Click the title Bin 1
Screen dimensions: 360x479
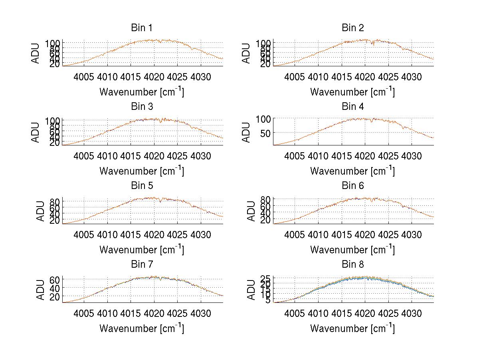tap(142, 28)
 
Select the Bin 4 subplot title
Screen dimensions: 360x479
tap(353, 107)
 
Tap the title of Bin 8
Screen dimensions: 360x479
tap(353, 265)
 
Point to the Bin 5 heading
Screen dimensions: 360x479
tap(142, 186)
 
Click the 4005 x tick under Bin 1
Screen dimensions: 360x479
tap(85, 77)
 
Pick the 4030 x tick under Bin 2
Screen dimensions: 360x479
tap(411, 77)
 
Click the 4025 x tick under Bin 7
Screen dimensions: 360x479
tap(177, 313)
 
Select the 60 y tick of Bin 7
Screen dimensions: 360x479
tap(55, 279)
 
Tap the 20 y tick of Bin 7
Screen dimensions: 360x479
tap(55, 296)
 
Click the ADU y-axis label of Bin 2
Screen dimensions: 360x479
tap(247, 53)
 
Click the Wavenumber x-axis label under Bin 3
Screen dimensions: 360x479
tap(142, 171)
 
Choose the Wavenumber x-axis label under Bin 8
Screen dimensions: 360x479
tap(352, 328)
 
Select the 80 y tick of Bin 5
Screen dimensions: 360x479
tap(55, 201)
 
